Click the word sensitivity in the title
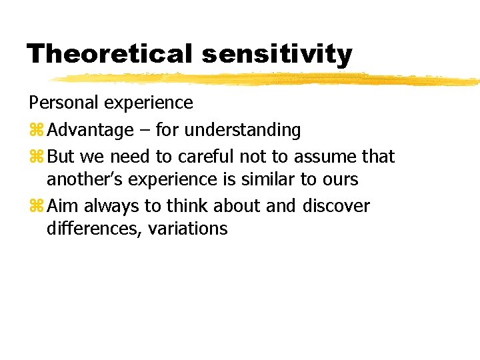[x=277, y=55]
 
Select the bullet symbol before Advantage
[x=35, y=130]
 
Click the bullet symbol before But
[x=35, y=157]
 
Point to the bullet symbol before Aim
[x=35, y=206]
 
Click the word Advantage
[x=91, y=131]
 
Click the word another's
[x=83, y=180]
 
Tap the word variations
[x=188, y=229]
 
